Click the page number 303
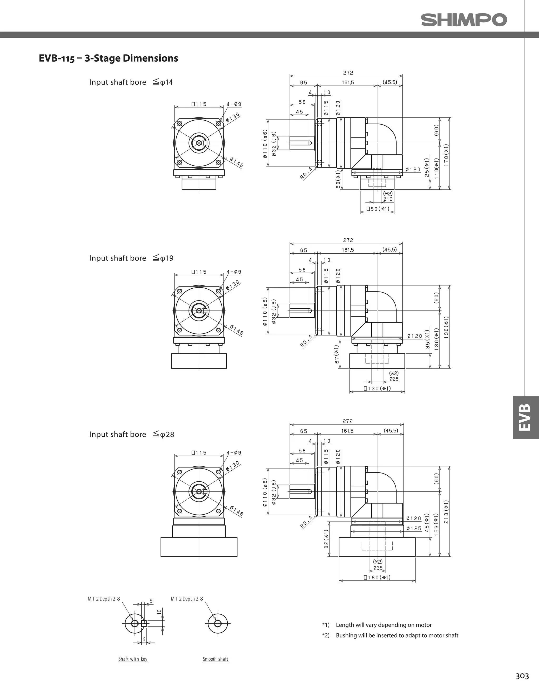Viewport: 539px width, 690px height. pyautogui.click(x=522, y=676)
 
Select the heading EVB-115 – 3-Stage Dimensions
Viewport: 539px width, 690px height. pyautogui.click(x=108, y=58)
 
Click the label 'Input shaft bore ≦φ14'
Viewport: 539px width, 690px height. pyautogui.click(x=131, y=82)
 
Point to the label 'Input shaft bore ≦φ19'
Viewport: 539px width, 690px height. pyautogui.click(x=131, y=258)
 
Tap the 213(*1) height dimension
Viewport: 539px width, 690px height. pyautogui.click(x=446, y=511)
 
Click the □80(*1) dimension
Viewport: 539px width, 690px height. pyautogui.click(x=378, y=209)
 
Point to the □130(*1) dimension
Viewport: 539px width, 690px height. pyautogui.click(x=377, y=388)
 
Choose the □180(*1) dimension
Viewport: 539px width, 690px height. pyautogui.click(x=377, y=578)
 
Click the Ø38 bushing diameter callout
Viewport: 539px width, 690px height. pyautogui.click(x=378, y=568)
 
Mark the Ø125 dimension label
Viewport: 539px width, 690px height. pyautogui.click(x=414, y=528)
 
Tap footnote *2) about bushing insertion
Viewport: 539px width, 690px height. pyautogui.click(x=390, y=635)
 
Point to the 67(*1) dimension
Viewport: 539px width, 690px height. pyautogui.click(x=337, y=354)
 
